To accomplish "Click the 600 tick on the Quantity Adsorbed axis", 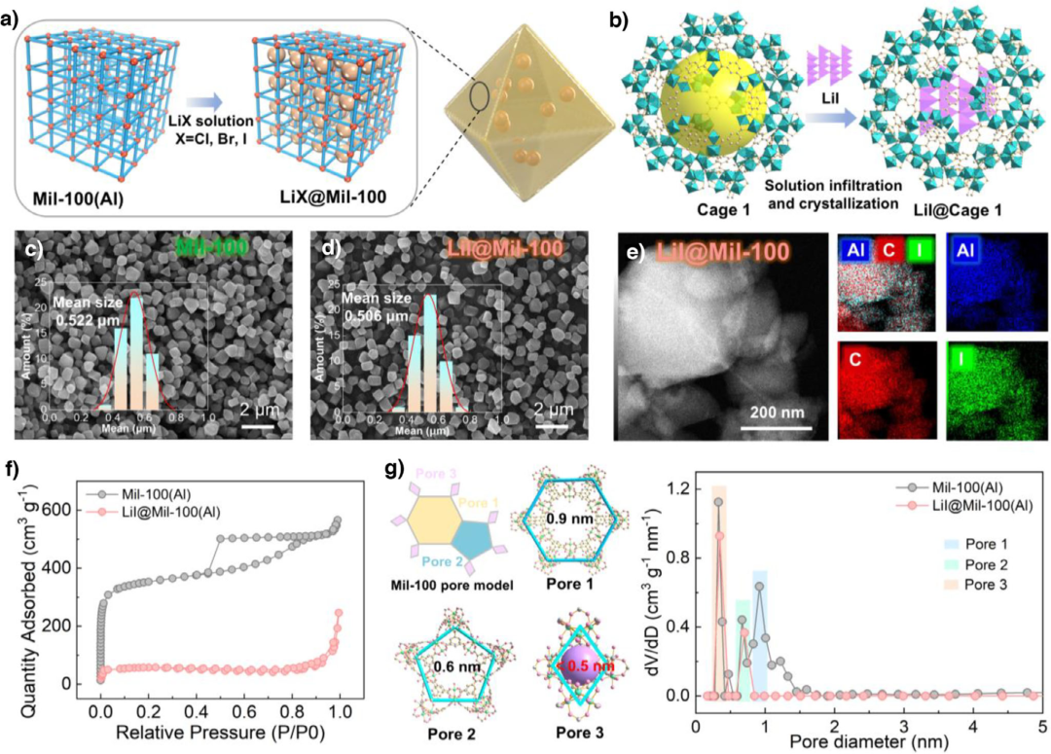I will (82, 510).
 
